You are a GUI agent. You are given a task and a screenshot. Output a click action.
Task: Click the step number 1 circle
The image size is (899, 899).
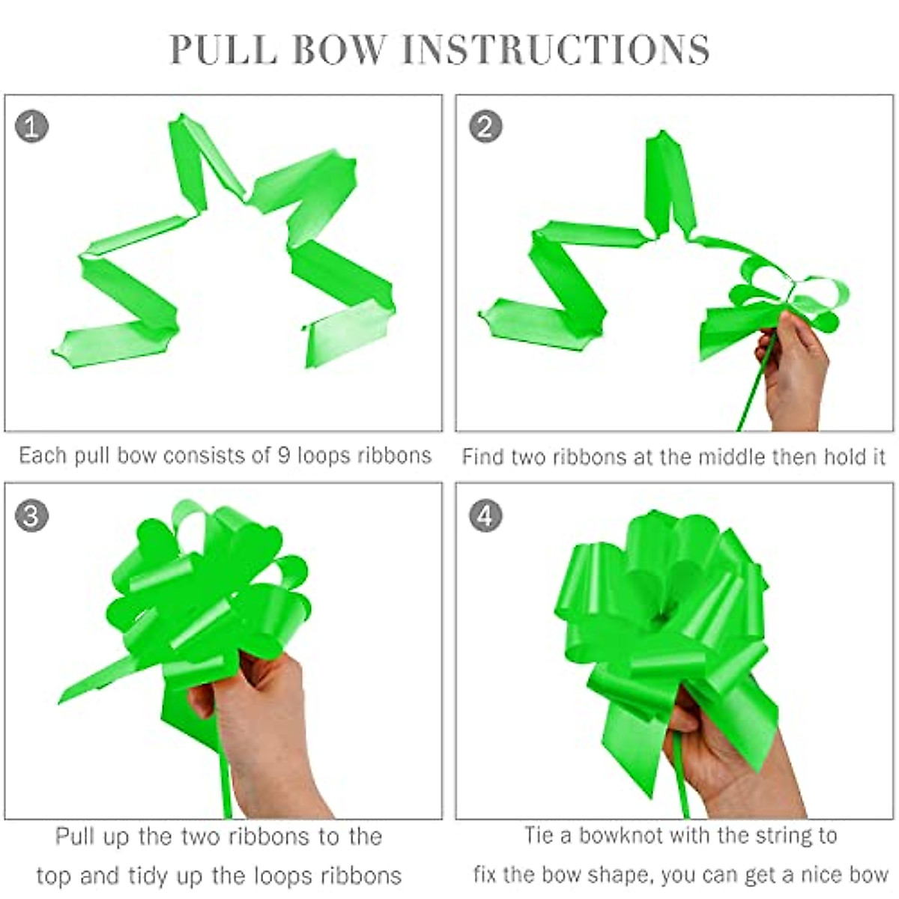tap(31, 127)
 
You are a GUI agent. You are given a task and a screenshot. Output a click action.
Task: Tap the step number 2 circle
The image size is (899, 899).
tap(485, 127)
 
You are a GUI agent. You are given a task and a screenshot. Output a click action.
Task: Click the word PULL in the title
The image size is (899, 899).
tap(224, 49)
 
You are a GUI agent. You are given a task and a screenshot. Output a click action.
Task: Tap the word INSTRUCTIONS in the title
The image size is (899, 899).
tap(556, 49)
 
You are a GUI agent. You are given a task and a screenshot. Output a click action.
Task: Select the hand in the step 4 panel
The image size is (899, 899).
tap(733, 765)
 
